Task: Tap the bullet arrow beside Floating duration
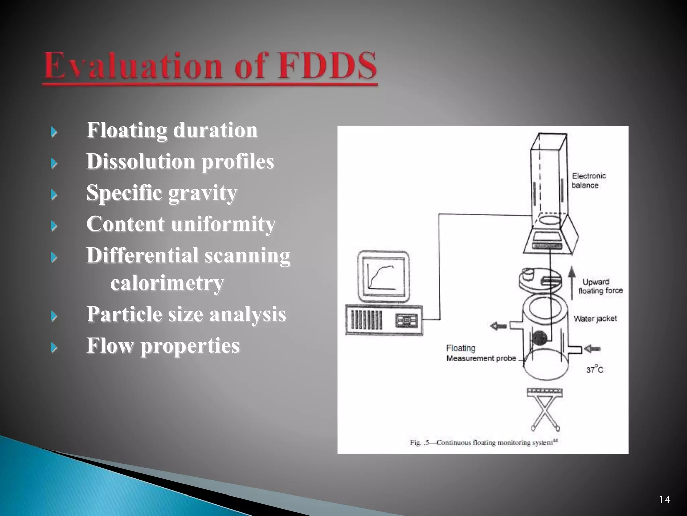[x=54, y=132]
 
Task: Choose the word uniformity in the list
[x=223, y=224]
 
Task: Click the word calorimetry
[x=167, y=283]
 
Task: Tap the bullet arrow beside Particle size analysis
[x=54, y=316]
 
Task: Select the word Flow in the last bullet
[x=110, y=346]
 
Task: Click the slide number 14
[x=664, y=500]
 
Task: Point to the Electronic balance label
[x=588, y=181]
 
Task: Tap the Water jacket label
[x=595, y=319]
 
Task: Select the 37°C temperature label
[x=594, y=370]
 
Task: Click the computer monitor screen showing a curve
[x=383, y=276]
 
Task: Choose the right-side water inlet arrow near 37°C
[x=592, y=349]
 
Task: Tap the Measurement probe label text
[x=481, y=358]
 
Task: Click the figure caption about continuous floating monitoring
[x=483, y=443]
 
